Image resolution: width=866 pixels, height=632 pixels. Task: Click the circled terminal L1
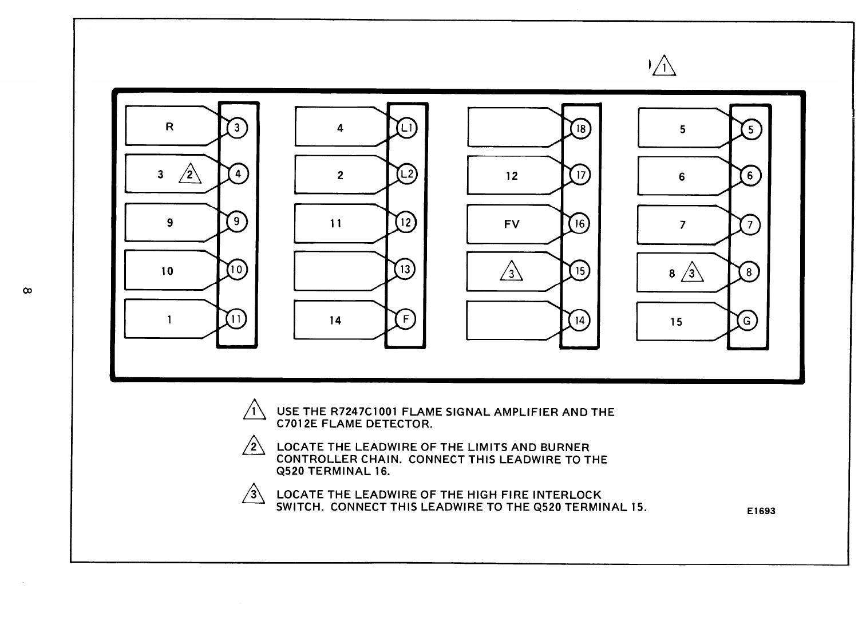click(406, 128)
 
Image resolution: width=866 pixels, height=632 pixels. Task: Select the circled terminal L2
click(406, 174)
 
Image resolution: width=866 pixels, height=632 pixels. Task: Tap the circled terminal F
click(405, 319)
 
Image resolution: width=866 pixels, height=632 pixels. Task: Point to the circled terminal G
click(746, 321)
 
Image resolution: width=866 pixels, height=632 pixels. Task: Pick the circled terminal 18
click(580, 129)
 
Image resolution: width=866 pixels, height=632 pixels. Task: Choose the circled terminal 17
click(580, 175)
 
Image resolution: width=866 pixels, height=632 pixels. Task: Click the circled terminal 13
click(405, 269)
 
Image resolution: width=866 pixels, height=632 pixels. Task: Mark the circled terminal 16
click(580, 223)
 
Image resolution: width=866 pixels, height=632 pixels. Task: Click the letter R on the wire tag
click(169, 127)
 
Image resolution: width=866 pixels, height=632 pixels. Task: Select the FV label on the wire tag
click(512, 224)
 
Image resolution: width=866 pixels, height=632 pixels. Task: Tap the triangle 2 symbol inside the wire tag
click(190, 174)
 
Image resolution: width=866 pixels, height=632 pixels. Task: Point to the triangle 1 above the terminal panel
click(664, 66)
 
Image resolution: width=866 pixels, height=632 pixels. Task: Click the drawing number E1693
click(761, 511)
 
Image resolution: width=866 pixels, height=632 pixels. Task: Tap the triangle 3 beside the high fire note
click(253, 494)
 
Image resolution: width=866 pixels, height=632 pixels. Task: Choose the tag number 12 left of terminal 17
click(512, 176)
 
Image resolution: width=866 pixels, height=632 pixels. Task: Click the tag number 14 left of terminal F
click(335, 321)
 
